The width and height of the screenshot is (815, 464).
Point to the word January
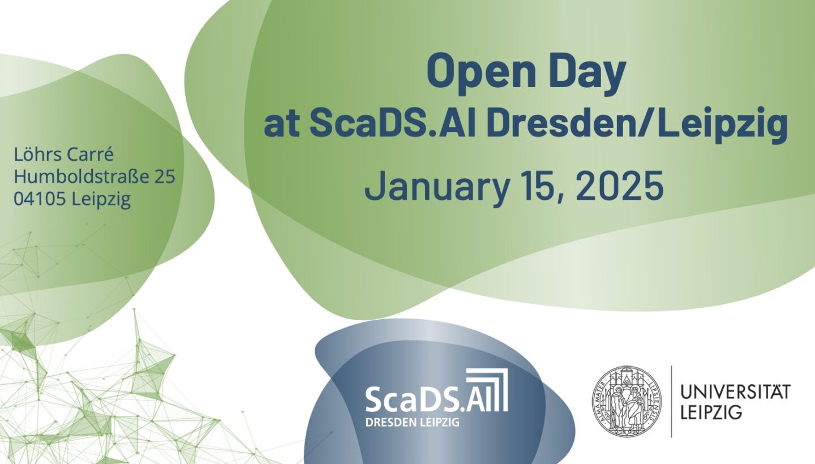tap(436, 187)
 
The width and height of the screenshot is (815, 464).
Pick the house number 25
tap(165, 177)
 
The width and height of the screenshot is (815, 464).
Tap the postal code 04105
tap(40, 199)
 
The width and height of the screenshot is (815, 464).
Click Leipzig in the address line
tap(101, 200)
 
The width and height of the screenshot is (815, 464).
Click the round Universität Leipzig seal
tap(627, 401)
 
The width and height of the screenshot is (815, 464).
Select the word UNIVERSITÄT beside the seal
tap(735, 392)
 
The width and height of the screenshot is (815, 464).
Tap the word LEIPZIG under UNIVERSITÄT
tap(711, 413)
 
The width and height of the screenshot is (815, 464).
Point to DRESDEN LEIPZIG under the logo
tap(412, 422)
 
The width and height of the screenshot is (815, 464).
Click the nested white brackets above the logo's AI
tap(487, 389)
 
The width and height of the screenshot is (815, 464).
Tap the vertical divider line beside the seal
tap(671, 401)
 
